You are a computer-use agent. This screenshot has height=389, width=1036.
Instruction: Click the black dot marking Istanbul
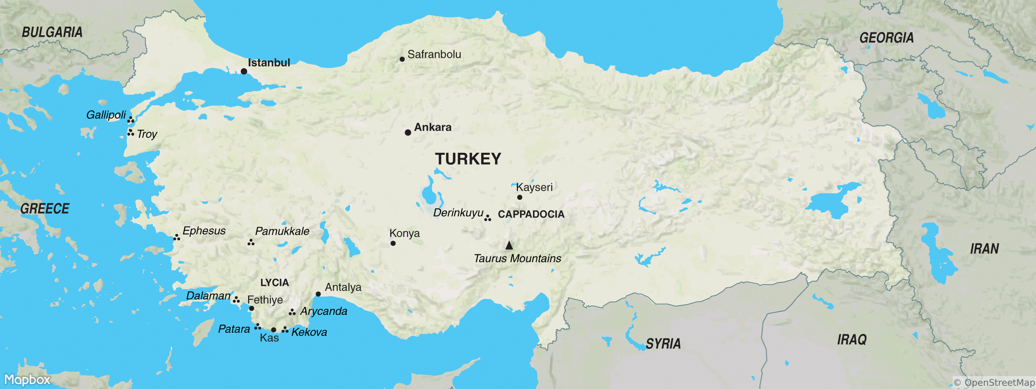(x=244, y=71)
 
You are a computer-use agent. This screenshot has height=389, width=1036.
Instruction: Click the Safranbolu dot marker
(x=402, y=59)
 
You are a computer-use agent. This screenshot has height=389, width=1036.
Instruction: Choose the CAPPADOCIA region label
(x=531, y=214)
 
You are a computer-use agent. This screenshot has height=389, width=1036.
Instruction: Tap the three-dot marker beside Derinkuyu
(x=488, y=218)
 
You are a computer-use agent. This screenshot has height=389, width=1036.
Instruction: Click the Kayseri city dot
(x=520, y=197)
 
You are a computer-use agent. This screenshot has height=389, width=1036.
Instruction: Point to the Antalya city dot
(x=318, y=294)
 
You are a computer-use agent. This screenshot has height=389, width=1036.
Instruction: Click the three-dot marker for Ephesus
(x=176, y=238)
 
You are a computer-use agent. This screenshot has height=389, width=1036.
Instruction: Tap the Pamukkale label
(x=282, y=231)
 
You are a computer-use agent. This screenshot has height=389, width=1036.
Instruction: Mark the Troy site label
(x=147, y=134)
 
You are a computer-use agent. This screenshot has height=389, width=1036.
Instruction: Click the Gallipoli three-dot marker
(x=131, y=120)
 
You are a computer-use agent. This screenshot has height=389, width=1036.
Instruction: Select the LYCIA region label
(x=274, y=283)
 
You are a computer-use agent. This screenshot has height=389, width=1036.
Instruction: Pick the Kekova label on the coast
(x=309, y=332)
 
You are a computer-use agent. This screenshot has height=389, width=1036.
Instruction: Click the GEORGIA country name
(x=886, y=38)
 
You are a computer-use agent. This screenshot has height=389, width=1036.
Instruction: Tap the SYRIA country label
(x=663, y=344)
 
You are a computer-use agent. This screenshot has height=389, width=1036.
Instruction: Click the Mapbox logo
(x=27, y=380)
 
